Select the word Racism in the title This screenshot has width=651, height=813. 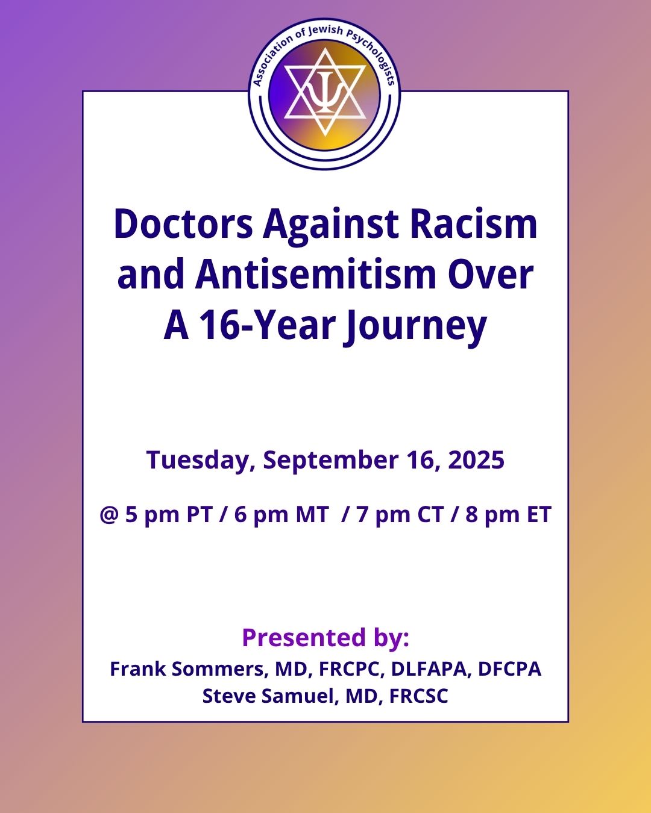coord(473,224)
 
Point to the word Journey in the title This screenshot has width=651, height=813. coord(415,326)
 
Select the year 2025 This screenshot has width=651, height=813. coord(476,460)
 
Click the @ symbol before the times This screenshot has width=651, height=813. coord(109,515)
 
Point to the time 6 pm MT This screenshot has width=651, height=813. coord(281,515)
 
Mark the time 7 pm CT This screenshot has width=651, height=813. coord(400,515)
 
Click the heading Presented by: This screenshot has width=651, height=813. coord(325,637)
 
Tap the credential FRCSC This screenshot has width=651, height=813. coord(418,696)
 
